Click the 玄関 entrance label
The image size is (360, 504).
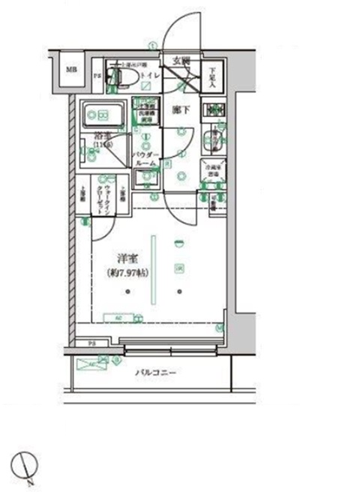tap(181, 61)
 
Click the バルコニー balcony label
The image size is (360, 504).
tap(155, 372)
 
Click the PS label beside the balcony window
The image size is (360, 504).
tap(92, 343)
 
